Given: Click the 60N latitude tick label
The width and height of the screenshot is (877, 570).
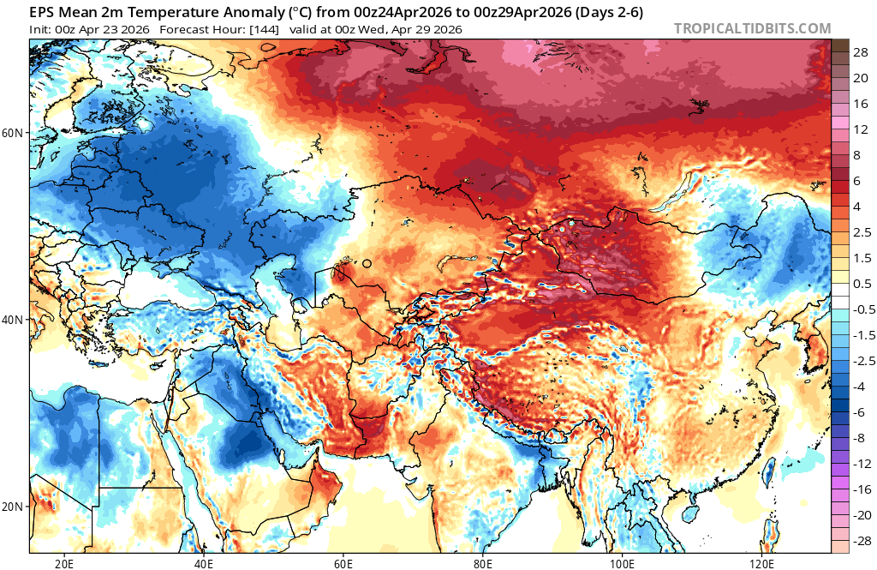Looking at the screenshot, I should (14, 133).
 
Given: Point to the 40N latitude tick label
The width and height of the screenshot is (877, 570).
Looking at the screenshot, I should (14, 320).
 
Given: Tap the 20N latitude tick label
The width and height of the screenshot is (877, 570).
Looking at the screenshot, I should (14, 506).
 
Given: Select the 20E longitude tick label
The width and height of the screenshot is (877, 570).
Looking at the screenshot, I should (63, 562).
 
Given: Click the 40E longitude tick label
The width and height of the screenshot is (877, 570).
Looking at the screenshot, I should (204, 562).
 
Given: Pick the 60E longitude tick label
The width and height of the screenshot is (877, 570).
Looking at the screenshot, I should (343, 562).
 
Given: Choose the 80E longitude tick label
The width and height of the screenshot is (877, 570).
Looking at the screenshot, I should (483, 562).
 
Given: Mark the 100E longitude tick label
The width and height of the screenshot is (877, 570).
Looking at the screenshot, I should (623, 562).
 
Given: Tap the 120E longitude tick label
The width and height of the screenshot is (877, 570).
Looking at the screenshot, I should (762, 562).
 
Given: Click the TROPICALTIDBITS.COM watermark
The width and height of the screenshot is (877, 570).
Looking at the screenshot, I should (752, 28).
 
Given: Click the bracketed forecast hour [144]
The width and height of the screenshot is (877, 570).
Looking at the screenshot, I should (262, 29).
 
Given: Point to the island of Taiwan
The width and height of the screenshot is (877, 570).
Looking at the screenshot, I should (768, 471).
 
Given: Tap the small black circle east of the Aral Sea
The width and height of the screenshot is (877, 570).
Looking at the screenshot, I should (367, 264).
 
